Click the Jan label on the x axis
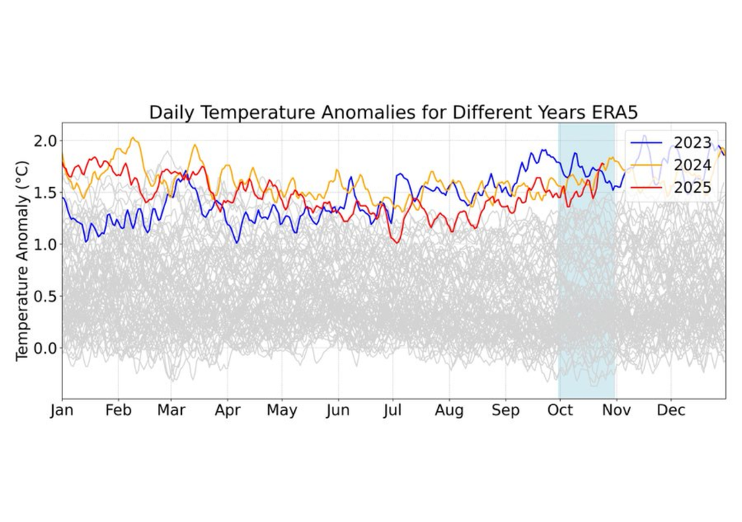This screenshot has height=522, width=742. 62,411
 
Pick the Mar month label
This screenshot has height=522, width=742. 172,411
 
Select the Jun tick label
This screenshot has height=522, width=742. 338,411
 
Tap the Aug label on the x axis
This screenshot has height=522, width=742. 449,411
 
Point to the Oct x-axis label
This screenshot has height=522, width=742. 560,411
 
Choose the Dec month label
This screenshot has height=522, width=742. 671,411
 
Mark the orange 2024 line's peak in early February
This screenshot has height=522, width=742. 133,138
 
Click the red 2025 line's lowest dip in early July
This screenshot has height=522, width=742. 396,242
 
